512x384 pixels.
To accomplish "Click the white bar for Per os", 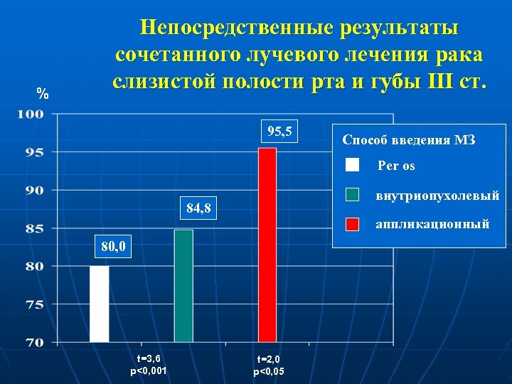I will pos(100,304).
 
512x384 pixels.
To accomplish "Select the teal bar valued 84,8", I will pos(183,286).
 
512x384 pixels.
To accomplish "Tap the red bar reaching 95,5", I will pos(267,245).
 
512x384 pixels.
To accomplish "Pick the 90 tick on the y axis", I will pos(35,190).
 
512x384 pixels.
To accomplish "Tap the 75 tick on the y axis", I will pos(35,304).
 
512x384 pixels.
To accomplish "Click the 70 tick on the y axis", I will pos(35,342).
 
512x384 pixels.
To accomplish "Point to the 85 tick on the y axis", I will pos(35,228).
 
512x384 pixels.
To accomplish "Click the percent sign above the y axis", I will pos(43,94).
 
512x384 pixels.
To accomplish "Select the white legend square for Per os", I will pos(352,166).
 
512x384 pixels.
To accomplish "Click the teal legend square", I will pos(352,194).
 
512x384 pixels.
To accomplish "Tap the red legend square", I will pos(352,223).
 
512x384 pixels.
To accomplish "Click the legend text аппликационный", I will pos(432,224).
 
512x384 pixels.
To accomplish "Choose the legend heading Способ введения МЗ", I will pos(408,140).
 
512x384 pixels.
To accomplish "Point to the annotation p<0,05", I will pos(269,371).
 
